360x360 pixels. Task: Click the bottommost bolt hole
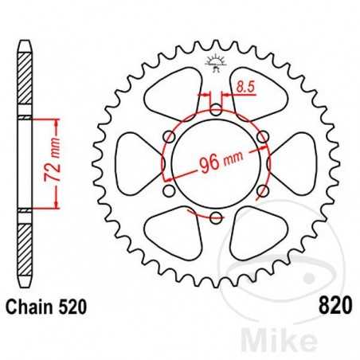pos(215,217)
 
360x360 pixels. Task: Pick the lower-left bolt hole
pos(168,190)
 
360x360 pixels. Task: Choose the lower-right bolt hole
pos(262,190)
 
